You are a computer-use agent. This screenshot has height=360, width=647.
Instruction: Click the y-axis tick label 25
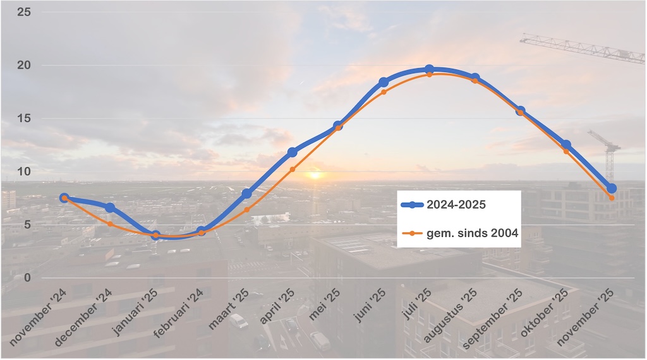pos(24,12)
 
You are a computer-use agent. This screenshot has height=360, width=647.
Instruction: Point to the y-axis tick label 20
pos(24,65)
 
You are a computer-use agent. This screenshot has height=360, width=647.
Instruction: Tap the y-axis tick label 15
pos(24,118)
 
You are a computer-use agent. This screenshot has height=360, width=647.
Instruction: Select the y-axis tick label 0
pos(27,277)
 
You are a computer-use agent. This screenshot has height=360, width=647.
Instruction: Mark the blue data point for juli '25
pos(429,69)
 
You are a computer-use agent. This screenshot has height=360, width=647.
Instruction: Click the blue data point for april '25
pos(293,152)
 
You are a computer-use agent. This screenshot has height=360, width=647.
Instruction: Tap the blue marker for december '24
pos(110,208)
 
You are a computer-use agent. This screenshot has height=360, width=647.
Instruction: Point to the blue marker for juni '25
pos(384,82)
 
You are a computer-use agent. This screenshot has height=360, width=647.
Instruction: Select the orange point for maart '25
pos(246,210)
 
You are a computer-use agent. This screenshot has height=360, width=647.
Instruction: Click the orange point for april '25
pos(293,169)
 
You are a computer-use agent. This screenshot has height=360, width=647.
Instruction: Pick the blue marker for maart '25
pos(246,193)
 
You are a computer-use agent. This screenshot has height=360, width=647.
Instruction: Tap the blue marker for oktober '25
pos(566,145)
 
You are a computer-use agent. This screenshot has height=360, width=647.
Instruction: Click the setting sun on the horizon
pos(314,174)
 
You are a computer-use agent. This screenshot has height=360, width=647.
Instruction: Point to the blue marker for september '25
pos(521,111)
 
